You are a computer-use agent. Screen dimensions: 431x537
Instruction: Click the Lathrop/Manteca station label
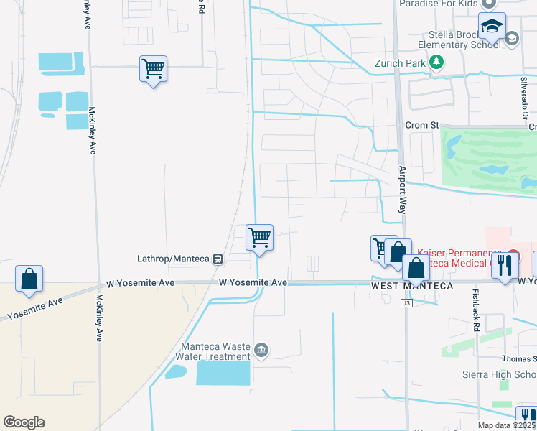[x=172, y=259]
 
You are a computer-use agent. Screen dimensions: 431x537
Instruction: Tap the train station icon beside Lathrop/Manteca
[x=216, y=259]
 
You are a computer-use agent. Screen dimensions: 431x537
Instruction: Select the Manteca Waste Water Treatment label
[x=215, y=350]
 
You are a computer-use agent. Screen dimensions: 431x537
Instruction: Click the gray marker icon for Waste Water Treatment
[x=261, y=350]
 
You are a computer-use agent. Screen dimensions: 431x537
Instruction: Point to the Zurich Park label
[x=401, y=62]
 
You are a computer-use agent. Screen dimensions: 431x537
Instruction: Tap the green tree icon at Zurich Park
[x=436, y=62]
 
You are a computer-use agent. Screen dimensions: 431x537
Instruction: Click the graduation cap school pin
[x=492, y=27]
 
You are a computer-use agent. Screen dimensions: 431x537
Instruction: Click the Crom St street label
[x=421, y=125]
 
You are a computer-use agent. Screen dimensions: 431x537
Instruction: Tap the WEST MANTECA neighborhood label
[x=412, y=286]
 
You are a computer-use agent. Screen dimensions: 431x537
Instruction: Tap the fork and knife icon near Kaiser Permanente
[x=508, y=265]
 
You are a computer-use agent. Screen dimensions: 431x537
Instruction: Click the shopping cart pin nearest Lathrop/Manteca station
[x=259, y=237]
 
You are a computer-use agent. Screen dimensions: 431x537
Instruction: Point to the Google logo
[x=24, y=422]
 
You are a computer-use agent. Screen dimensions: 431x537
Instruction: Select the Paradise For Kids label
[x=439, y=4]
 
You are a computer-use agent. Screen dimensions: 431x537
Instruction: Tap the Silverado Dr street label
[x=525, y=101]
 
